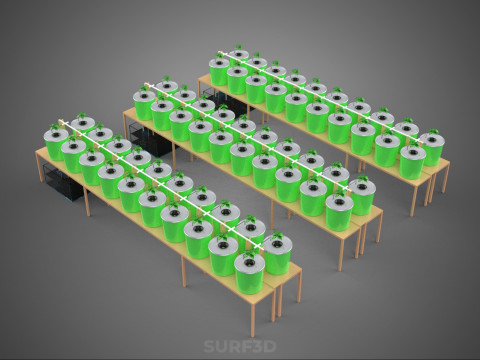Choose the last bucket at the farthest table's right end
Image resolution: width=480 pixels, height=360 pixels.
click(432, 149)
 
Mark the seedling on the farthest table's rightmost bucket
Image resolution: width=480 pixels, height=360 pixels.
click(433, 132)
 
